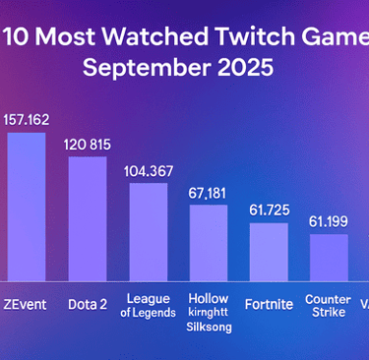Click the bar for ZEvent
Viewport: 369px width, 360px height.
tap(27, 207)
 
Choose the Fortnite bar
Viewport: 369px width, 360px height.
tap(269, 252)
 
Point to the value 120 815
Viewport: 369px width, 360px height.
tap(88, 144)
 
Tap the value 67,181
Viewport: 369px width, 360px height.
tap(209, 192)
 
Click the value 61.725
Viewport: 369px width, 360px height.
tap(269, 210)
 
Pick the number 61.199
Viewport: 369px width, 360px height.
tap(329, 220)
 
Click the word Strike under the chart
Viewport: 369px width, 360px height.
tap(329, 313)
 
